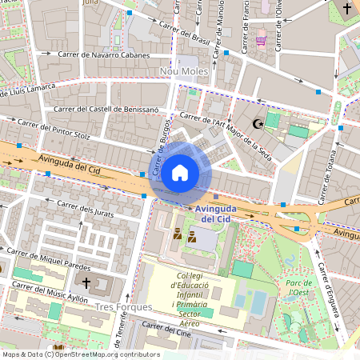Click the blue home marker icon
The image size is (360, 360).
click(x=180, y=172)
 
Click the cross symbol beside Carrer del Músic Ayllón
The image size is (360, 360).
click(x=86, y=282)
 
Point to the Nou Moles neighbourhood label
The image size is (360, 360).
click(x=184, y=72)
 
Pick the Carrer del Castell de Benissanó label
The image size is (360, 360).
click(x=106, y=109)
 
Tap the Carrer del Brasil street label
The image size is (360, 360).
click(x=185, y=34)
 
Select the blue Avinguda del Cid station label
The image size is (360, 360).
click(x=215, y=213)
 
